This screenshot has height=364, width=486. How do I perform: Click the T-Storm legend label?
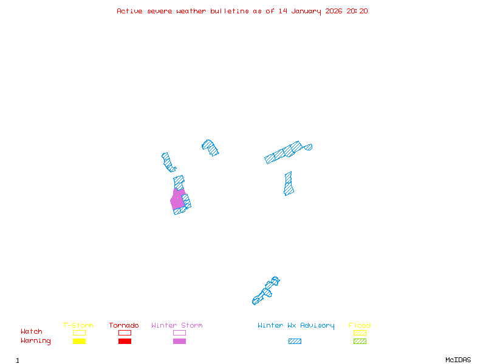[x=78, y=326]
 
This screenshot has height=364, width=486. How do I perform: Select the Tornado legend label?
[x=124, y=326]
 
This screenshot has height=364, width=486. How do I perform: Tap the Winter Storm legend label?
[x=177, y=326]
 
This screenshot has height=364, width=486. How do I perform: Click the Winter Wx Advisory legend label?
[x=296, y=326]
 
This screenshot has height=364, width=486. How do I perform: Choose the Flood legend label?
[x=360, y=326]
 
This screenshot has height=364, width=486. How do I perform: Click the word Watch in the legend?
[x=32, y=332]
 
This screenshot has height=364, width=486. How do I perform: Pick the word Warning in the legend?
[x=36, y=341]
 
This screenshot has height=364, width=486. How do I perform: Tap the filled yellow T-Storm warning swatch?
[x=79, y=342]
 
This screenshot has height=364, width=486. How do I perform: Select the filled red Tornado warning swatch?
[x=125, y=342]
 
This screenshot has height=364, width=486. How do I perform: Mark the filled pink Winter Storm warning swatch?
[x=179, y=342]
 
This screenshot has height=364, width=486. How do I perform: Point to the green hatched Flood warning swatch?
[x=360, y=342]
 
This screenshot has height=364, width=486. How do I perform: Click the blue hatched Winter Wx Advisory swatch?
[x=295, y=342]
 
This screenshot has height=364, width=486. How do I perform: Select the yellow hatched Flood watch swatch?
[x=360, y=332]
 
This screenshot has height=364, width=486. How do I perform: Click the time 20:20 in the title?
[x=357, y=11]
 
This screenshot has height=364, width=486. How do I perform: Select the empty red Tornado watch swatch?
[x=125, y=332]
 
